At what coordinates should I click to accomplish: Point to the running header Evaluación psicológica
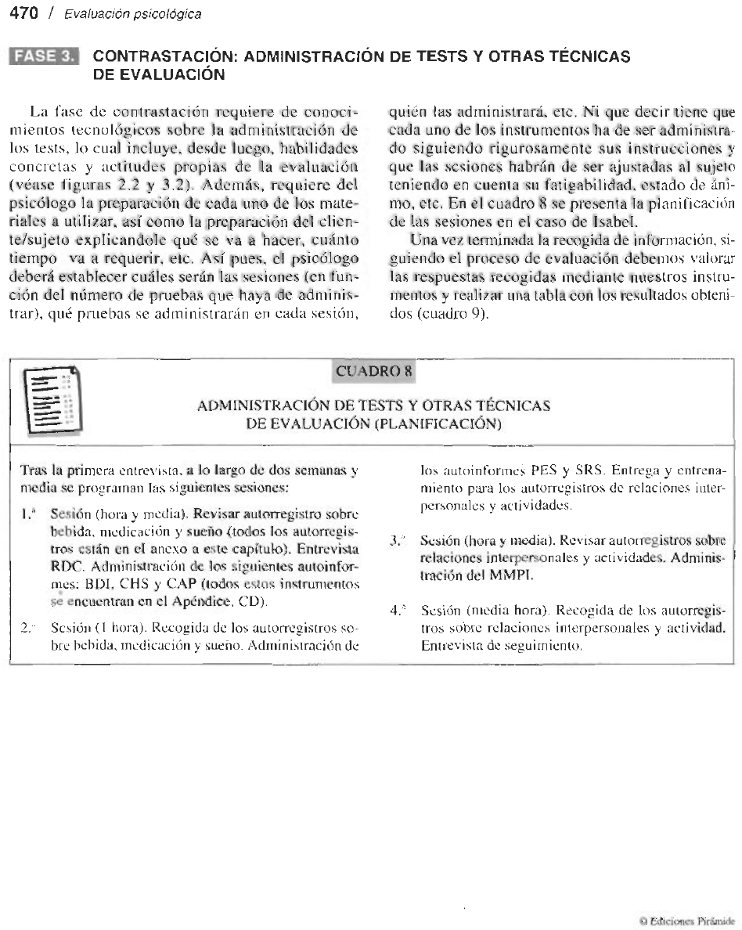point(132,14)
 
